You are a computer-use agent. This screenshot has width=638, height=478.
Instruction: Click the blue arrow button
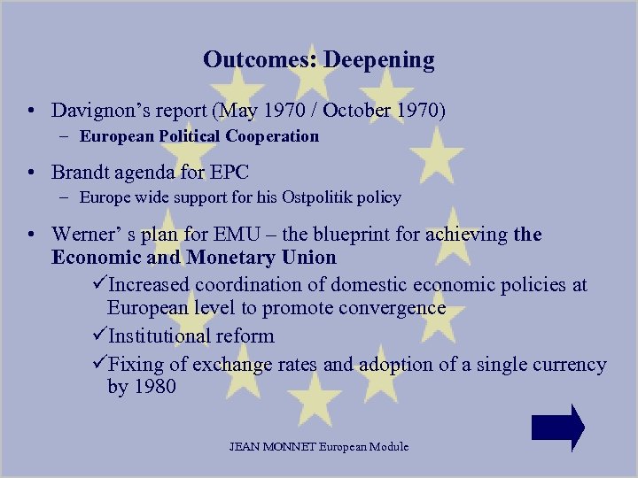557,428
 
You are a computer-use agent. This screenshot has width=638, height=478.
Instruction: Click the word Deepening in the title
378,60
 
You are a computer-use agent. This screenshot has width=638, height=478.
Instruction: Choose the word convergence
390,308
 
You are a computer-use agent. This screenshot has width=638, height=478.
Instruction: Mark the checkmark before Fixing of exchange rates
98,365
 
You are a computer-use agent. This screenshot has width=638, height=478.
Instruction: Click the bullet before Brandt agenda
31,172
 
